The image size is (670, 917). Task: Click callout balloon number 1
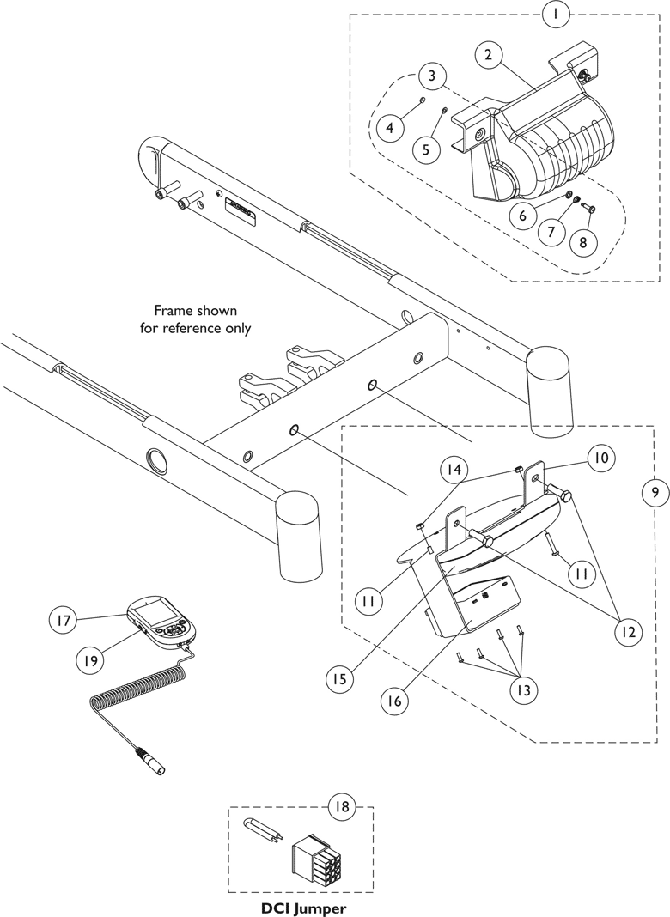tap(556, 14)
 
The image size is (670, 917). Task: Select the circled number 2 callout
tap(488, 55)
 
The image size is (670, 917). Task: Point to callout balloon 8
tap(582, 242)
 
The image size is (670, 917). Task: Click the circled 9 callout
tap(655, 493)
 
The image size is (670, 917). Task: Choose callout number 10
tap(600, 458)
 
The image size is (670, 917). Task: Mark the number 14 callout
tap(454, 470)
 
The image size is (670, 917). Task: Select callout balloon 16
tap(393, 700)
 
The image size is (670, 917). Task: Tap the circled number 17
tap(64, 617)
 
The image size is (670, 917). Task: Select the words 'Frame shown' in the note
tap(195, 310)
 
